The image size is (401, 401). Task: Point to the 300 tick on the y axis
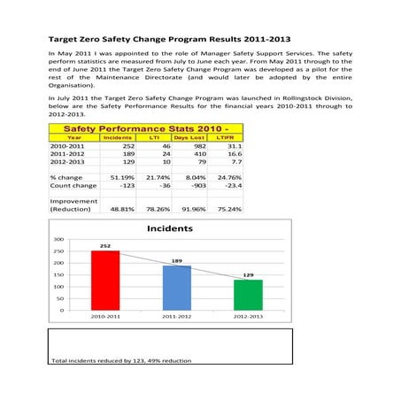58,239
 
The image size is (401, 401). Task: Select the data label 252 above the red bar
104,246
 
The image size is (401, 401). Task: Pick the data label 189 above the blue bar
176,261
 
